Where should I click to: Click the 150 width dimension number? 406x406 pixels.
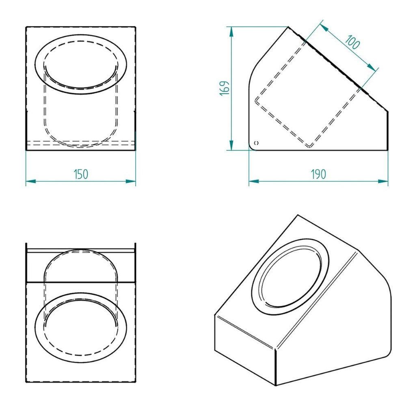[81, 174]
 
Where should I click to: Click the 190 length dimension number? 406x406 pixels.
[318, 174]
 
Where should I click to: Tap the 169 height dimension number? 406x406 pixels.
[225, 88]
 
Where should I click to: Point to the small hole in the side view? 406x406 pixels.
[257, 143]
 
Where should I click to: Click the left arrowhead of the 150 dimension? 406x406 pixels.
[30, 181]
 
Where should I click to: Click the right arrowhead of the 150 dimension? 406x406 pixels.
[131, 181]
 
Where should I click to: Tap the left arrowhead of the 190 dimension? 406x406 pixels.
[254, 181]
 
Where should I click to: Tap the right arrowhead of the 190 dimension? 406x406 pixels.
[383, 181]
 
